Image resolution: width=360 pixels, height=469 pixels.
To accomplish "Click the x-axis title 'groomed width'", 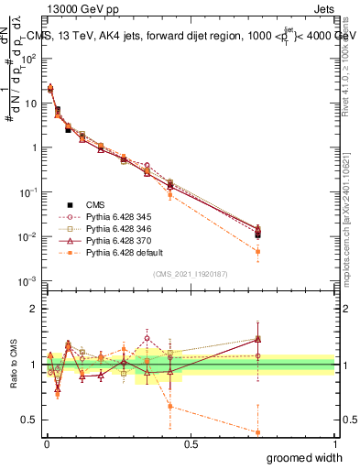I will (x=305, y=457).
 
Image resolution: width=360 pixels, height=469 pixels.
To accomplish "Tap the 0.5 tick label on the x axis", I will (x=191, y=444).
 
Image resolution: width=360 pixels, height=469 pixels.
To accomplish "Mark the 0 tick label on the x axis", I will (x=46, y=444).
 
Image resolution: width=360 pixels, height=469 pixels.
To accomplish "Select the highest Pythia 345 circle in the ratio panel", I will (x=147, y=338).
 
